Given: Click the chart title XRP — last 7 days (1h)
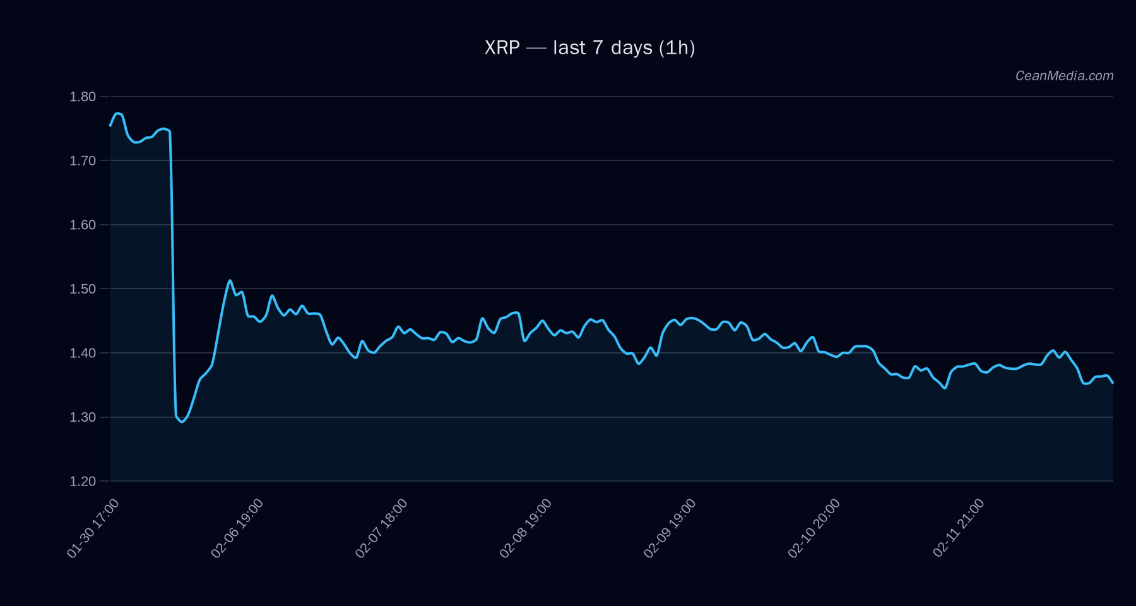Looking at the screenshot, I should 589,48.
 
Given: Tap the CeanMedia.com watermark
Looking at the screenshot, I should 1064,76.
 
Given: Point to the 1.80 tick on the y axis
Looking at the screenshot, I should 83,97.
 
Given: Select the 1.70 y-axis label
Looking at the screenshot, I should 83,161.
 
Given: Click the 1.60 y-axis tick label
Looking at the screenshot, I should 83,225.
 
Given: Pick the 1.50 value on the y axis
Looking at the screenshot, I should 83,289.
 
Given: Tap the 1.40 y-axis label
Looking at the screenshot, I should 83,353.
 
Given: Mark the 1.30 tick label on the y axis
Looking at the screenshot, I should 83,417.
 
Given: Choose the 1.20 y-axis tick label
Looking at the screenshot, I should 83,481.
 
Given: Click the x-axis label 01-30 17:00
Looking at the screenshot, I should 93,528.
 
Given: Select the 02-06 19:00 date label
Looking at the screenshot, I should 237,528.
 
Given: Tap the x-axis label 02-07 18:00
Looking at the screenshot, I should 381,528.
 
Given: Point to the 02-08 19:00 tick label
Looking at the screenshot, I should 526,528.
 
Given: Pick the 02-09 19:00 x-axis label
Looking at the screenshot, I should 670,528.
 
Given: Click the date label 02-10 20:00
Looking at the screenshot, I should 814,528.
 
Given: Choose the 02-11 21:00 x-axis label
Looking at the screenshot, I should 959,528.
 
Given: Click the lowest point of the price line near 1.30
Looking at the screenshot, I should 182,422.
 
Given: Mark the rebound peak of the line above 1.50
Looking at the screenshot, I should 230,280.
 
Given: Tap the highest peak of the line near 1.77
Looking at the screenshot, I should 117,113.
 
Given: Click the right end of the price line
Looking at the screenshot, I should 1113,383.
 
